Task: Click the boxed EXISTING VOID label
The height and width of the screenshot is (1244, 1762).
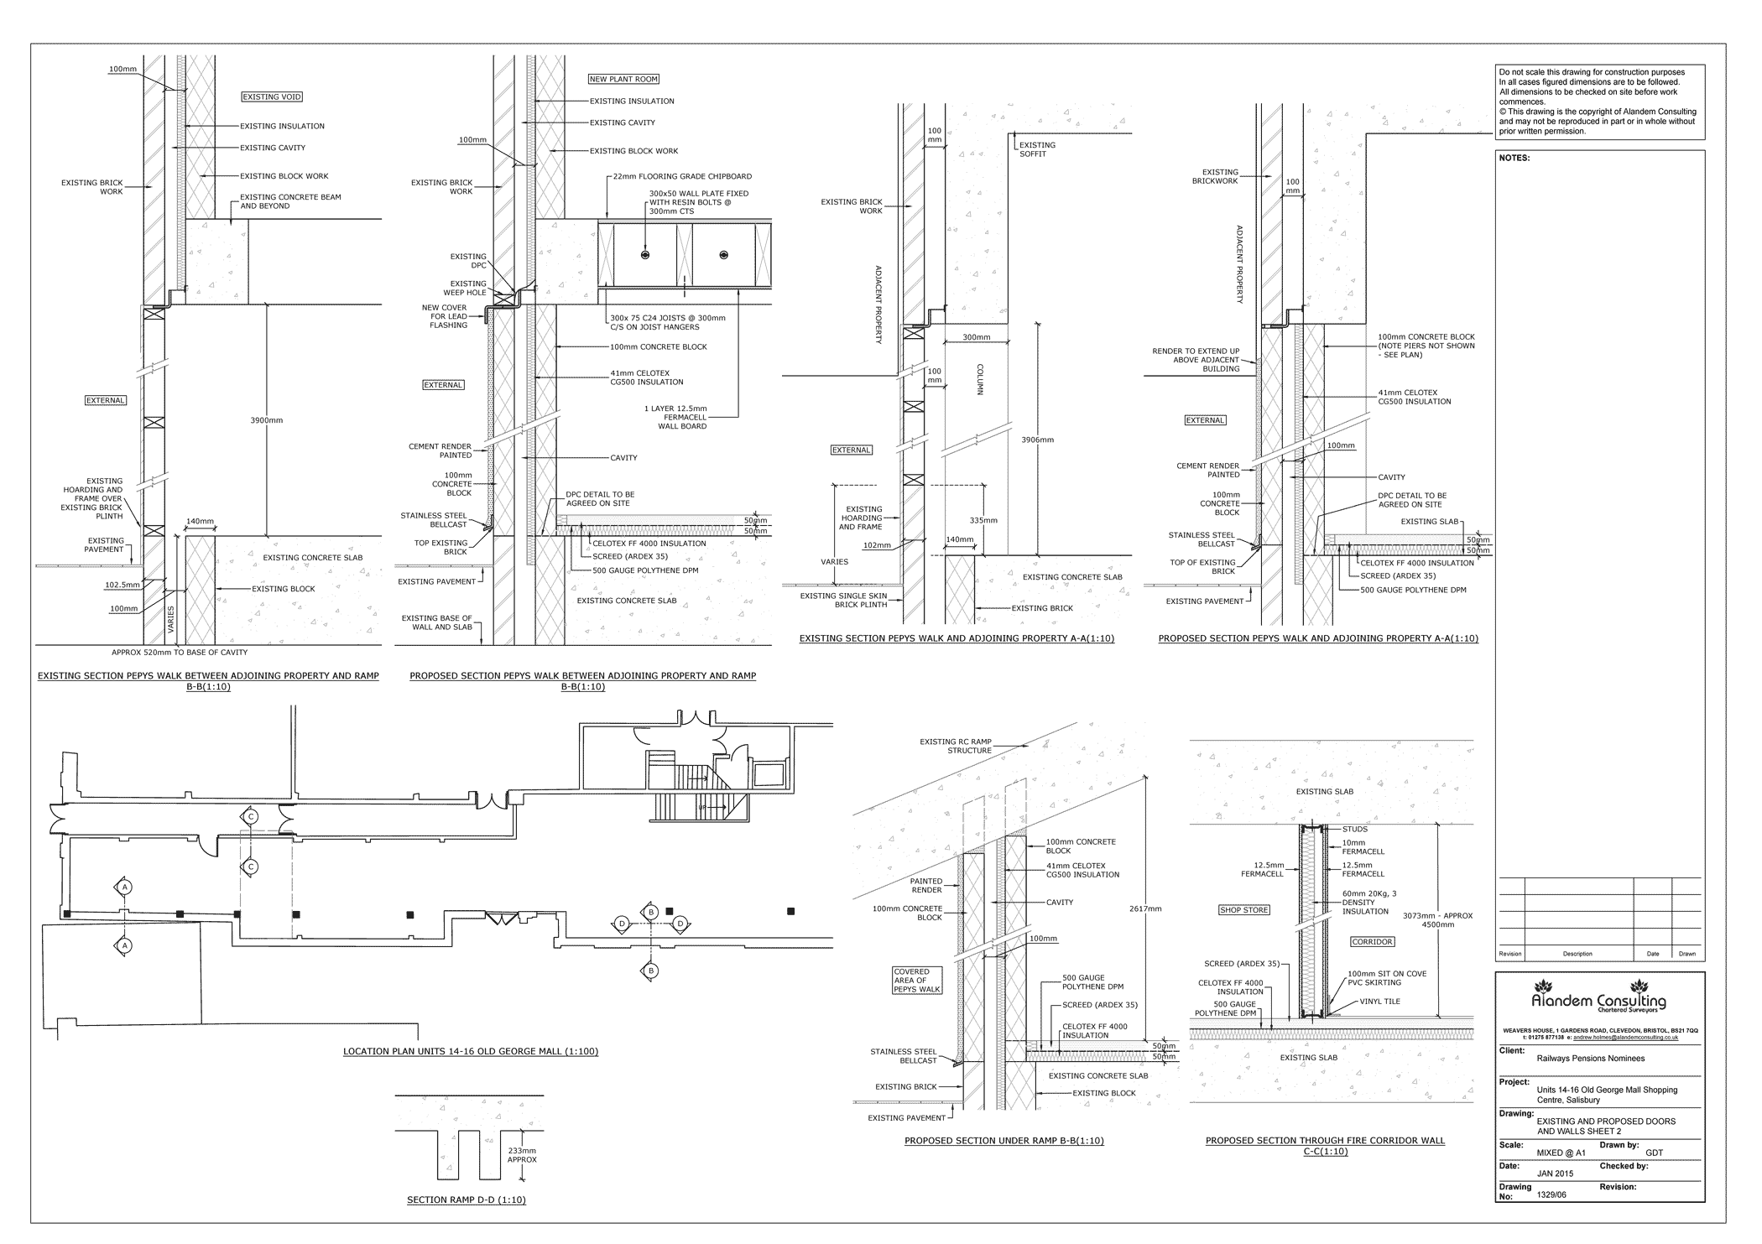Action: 271,97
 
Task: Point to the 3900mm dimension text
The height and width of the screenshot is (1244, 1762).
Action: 267,420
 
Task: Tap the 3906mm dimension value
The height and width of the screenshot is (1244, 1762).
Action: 1037,440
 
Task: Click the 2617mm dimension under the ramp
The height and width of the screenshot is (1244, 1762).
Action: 1145,908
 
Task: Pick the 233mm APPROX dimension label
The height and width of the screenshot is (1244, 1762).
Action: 522,1155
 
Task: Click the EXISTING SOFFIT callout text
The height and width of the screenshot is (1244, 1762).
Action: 1037,149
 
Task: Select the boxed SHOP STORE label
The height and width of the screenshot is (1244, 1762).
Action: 1243,910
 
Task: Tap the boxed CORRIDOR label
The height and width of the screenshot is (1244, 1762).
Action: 1372,942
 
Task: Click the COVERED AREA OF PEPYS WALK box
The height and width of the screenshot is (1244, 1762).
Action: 917,981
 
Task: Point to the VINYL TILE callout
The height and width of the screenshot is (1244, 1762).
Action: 1381,1001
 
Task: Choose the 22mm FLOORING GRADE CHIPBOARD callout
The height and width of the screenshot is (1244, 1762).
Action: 682,177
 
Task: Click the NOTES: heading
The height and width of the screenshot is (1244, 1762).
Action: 1514,158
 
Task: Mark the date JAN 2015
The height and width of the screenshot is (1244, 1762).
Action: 1555,1174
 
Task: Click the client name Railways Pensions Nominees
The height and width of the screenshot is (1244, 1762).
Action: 1590,1059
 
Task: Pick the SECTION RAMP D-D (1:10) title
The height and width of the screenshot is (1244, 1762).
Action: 466,1200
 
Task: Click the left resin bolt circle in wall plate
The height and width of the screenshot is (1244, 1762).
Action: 644,254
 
